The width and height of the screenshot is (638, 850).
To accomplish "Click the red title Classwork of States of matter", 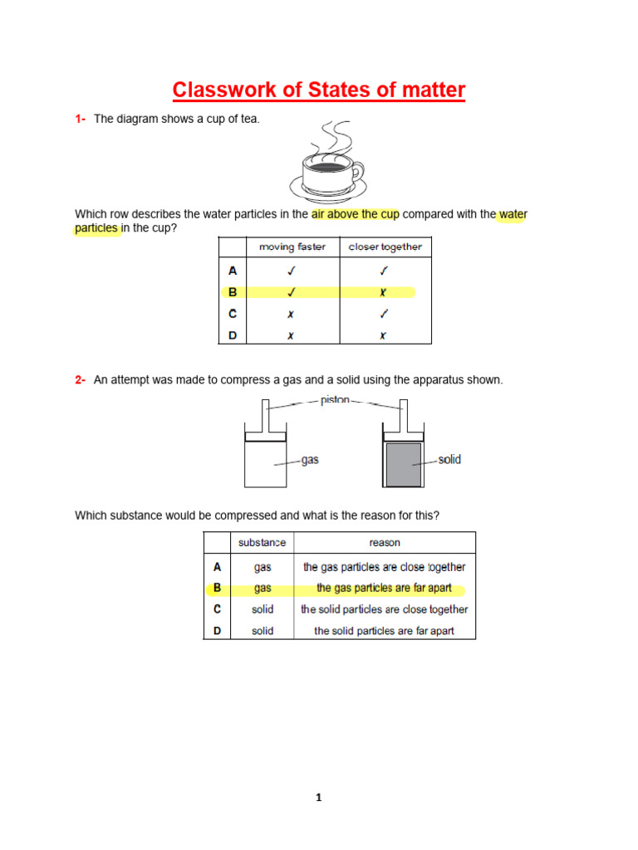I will [x=318, y=90].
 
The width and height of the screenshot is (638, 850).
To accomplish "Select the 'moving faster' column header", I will [x=292, y=247].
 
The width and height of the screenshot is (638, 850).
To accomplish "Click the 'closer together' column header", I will [x=385, y=247].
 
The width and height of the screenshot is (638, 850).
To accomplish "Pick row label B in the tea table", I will [x=233, y=292].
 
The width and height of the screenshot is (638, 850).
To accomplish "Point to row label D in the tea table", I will [x=233, y=336].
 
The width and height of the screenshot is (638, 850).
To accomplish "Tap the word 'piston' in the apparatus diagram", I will [x=335, y=400].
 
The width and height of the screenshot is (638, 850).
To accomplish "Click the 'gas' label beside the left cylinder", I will [x=310, y=460].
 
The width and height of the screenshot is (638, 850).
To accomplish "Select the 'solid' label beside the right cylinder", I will [x=449, y=460].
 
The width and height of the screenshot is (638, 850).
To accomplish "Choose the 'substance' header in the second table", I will [x=262, y=543].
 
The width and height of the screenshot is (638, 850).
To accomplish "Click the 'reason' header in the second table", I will [x=385, y=543].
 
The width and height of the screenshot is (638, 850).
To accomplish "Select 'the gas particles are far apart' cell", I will [x=385, y=589].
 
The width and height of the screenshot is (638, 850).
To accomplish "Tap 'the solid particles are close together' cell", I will [x=385, y=609].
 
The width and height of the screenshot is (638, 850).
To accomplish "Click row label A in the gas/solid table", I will [x=217, y=567].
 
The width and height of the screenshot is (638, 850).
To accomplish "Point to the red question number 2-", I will [x=81, y=380].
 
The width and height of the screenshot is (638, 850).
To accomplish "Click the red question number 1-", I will [x=81, y=120].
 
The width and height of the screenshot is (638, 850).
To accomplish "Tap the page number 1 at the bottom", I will [x=318, y=799].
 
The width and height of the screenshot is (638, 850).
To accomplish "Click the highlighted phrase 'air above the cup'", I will [x=356, y=214].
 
